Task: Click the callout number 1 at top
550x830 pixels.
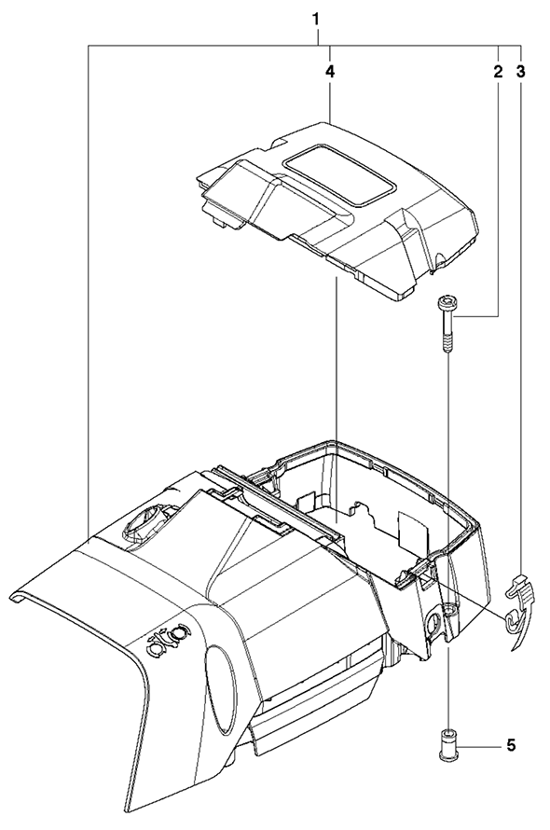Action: tap(316, 21)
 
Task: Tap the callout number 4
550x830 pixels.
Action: tap(330, 72)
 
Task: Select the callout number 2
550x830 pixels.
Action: tap(498, 72)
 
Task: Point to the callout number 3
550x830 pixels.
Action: tap(521, 72)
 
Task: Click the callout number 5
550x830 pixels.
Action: tap(511, 746)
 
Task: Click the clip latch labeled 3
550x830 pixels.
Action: tap(520, 590)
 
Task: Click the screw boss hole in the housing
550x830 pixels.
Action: tap(449, 610)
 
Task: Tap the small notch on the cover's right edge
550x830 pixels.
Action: tap(437, 261)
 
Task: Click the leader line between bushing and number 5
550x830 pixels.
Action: tap(478, 747)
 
